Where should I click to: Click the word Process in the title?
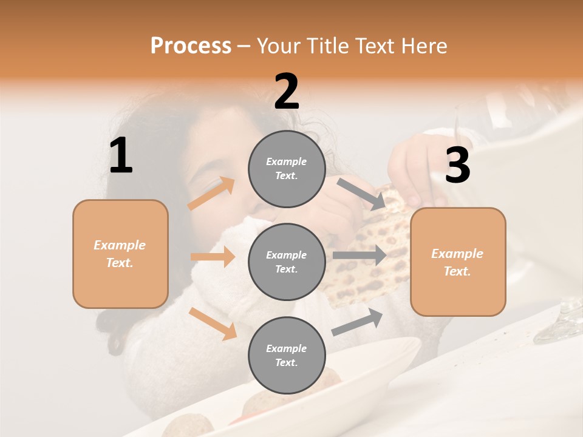pos(191,46)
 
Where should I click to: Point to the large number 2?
pos(287,92)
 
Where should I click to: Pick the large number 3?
pos(457,166)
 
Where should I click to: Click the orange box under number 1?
pos(120,254)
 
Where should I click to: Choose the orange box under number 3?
pos(458,262)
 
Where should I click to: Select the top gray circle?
pos(287,169)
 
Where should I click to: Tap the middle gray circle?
pos(287,262)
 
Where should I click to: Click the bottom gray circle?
pos(287,355)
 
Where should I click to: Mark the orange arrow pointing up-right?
pos(211,194)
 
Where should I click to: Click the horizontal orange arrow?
pos(213,257)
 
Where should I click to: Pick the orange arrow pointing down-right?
pos(213,324)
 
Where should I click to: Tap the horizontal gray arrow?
pos(359,256)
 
